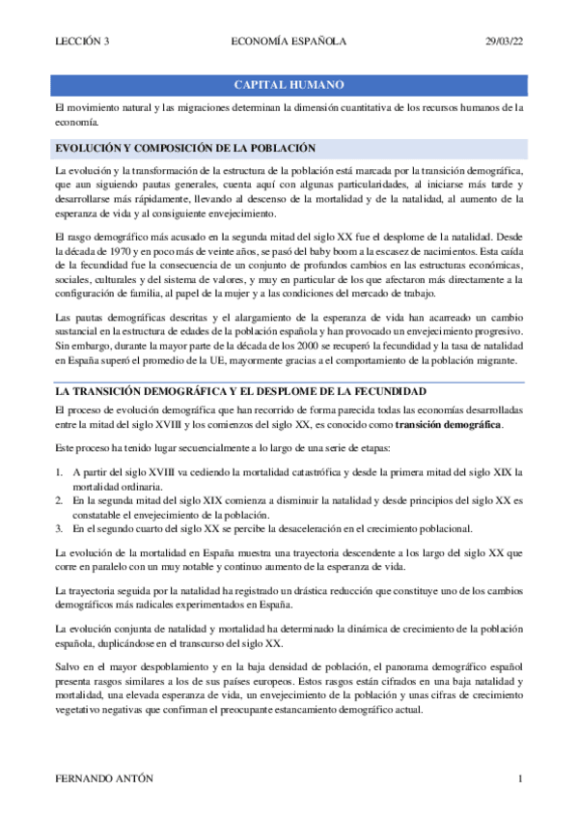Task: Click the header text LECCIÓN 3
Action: pos(82,41)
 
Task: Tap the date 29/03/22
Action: pos(504,41)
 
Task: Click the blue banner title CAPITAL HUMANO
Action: pos(289,85)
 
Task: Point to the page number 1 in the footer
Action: pos(520,778)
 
